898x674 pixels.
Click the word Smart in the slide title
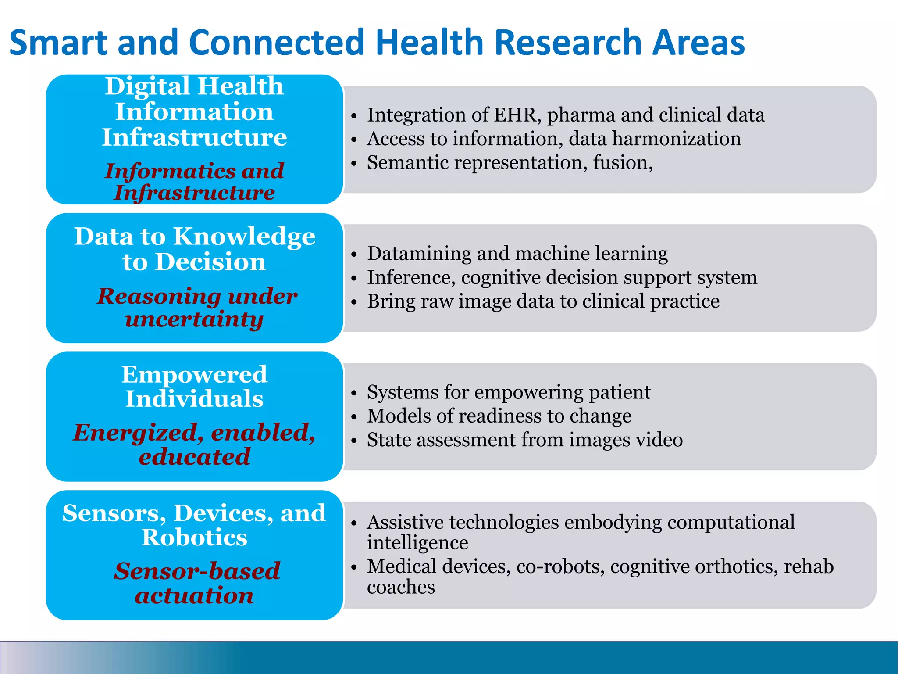[58, 43]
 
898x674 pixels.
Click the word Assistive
[405, 522]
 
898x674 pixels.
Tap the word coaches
[401, 587]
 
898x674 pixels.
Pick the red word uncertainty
[194, 319]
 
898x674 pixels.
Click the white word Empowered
[194, 375]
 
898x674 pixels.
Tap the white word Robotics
[194, 537]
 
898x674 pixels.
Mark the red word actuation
[194, 595]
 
